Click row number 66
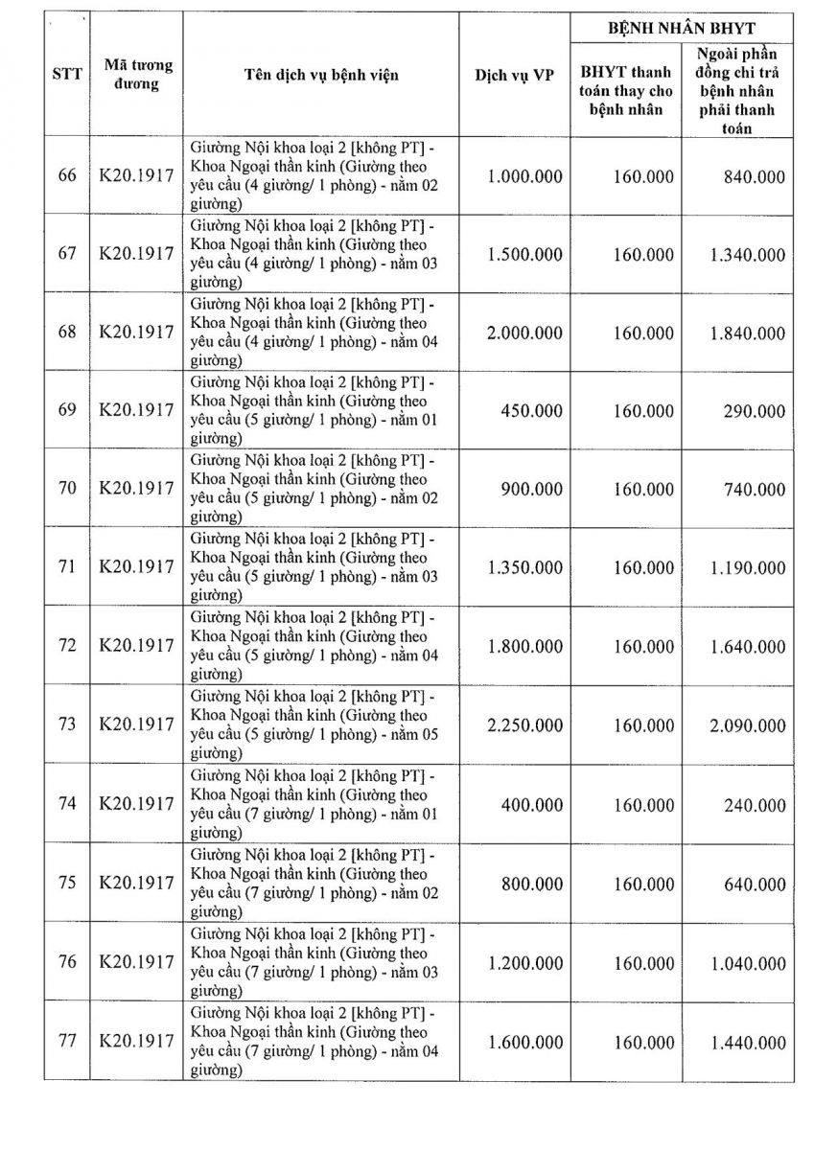[66, 176]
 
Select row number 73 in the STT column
[66, 724]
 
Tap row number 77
[66, 1042]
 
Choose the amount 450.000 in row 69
[532, 411]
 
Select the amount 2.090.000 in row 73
[747, 724]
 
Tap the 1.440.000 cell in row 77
[747, 1043]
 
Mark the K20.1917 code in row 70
[136, 489]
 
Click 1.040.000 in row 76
[747, 962]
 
